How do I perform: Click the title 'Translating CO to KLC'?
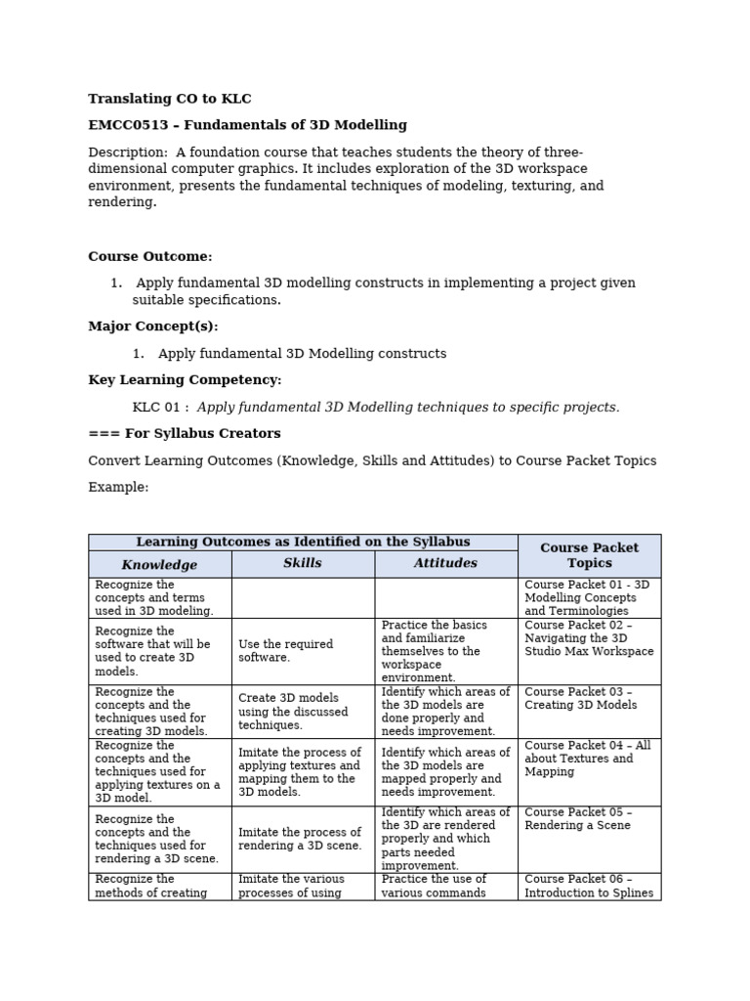[170, 99]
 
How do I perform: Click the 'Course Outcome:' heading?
[150, 256]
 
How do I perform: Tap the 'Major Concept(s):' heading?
[153, 326]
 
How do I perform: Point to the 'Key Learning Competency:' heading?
[185, 380]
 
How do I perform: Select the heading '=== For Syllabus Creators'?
[185, 434]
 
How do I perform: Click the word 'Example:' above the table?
[118, 488]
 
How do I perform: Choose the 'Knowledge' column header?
[159, 564]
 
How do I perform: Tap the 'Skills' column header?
[303, 563]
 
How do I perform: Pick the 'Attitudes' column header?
[445, 563]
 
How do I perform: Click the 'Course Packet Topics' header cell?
[589, 555]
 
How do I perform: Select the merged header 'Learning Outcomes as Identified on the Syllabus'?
[303, 542]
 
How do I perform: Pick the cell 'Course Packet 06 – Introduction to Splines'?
[588, 886]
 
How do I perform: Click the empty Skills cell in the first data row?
[303, 597]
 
